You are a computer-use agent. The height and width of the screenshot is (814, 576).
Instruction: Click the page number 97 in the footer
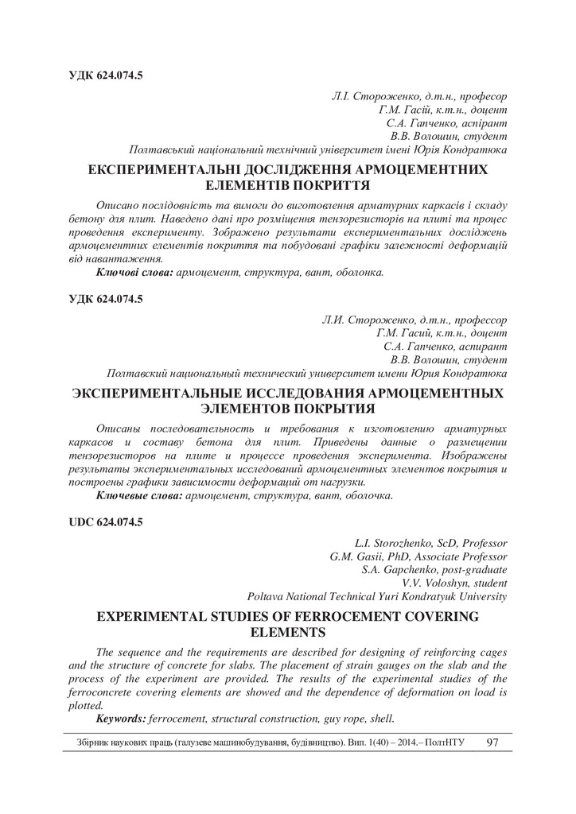[x=492, y=742]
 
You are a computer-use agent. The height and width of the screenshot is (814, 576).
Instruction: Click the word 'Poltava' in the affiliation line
[x=266, y=596]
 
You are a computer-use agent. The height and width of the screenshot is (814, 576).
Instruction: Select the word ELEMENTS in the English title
[x=287, y=633]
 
